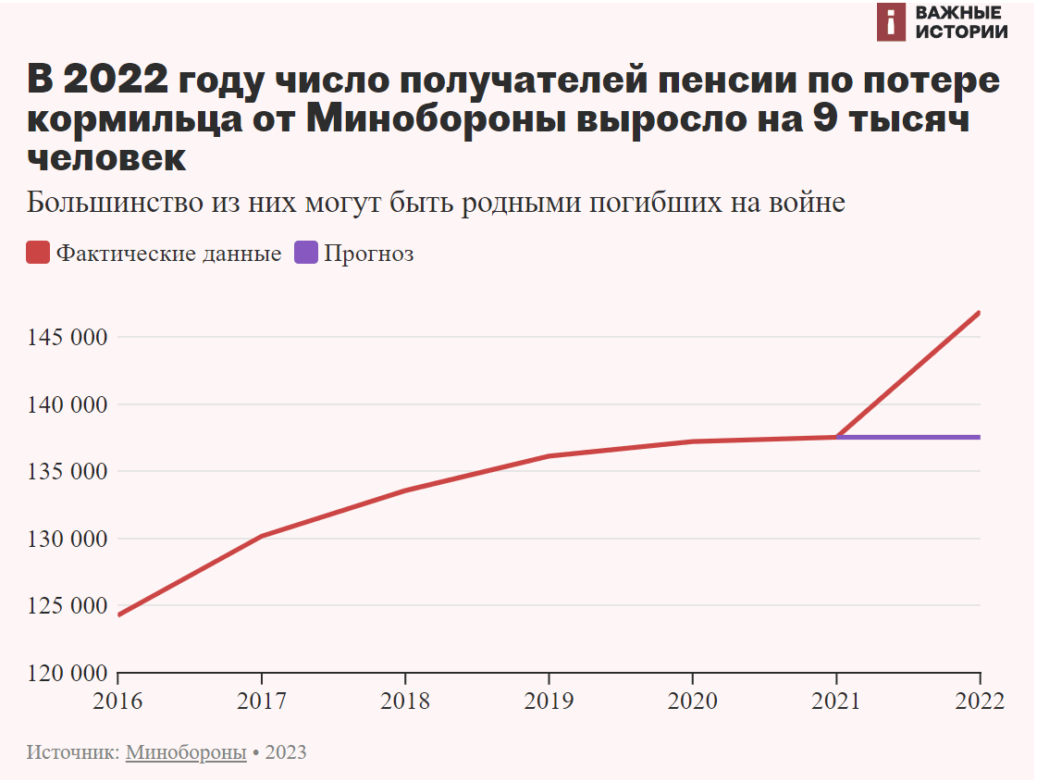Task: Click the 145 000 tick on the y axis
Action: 64,338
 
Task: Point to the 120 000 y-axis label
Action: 64,673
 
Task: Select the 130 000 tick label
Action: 64,539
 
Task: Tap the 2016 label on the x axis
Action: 118,701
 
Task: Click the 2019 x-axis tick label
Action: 549,701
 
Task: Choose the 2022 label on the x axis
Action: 979,701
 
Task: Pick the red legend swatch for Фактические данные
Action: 38,253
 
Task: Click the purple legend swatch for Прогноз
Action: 306,253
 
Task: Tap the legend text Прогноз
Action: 368,254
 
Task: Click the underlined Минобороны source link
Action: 186,752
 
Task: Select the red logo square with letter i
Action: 890,22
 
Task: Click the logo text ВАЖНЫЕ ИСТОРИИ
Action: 961,22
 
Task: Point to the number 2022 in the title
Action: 117,81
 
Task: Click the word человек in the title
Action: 107,157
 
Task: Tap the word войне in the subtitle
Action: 807,203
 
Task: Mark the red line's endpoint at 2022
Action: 979,313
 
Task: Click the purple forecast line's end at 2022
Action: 979,437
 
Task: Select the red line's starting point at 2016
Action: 119,614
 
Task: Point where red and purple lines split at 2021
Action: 836,437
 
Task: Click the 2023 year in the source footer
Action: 286,752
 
